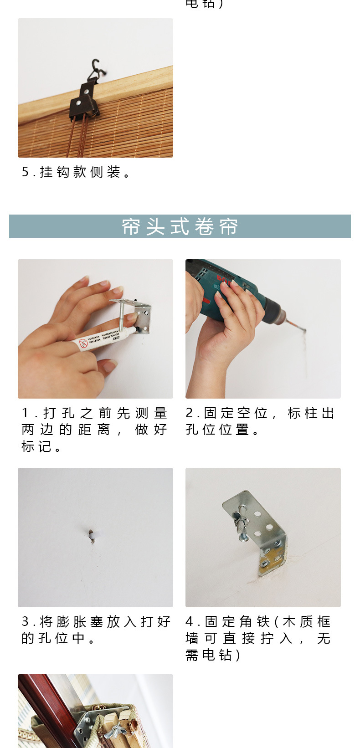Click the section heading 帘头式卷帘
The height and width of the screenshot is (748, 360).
180,226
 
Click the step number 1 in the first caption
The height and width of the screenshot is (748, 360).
25,413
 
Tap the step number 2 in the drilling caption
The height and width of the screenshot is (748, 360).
190,413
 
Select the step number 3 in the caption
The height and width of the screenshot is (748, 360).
26,622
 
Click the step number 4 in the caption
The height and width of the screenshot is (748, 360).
190,622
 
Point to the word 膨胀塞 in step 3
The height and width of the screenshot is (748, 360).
72,622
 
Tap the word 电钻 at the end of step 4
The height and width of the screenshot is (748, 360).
217,655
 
